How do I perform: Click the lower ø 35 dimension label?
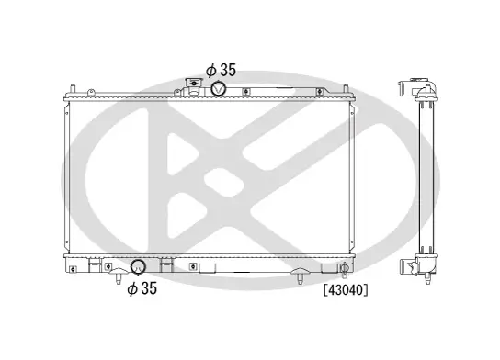click(x=142, y=288)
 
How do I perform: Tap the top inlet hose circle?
click(x=221, y=88)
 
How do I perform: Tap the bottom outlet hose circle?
click(x=139, y=267)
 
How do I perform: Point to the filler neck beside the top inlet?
click(x=195, y=87)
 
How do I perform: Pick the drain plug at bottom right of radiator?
click(x=343, y=269)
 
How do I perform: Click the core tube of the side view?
click(x=426, y=179)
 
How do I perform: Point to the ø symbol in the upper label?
click(x=210, y=69)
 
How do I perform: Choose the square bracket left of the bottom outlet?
click(x=93, y=265)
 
